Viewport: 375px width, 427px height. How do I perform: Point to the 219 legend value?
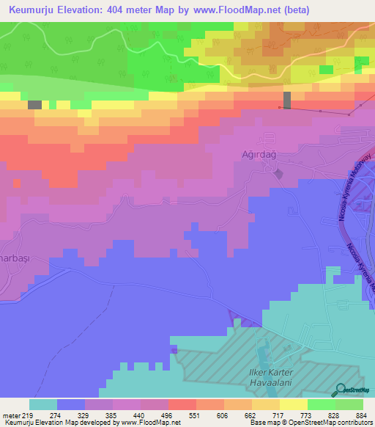[27, 416]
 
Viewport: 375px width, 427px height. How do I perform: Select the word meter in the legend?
[11, 416]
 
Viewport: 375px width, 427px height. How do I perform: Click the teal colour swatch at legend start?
[42, 404]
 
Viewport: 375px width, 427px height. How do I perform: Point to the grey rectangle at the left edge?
[34, 105]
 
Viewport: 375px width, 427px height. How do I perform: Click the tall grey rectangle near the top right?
[286, 101]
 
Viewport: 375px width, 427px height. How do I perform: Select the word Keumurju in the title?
[33, 10]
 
